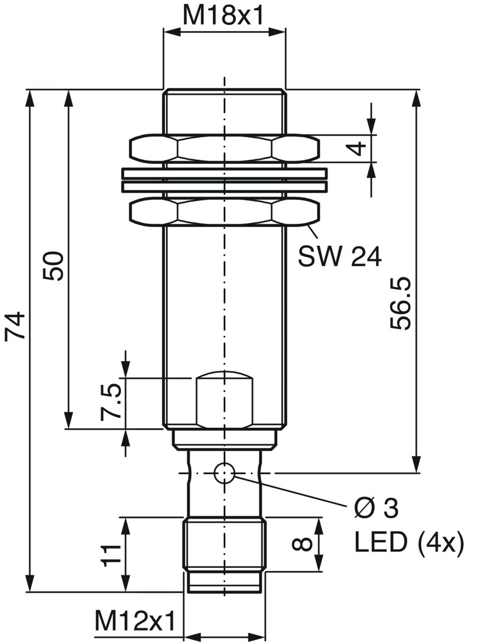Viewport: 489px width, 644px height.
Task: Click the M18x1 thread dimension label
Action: click(222, 16)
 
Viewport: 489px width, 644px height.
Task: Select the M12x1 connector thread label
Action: click(136, 621)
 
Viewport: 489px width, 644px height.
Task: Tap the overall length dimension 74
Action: click(16, 326)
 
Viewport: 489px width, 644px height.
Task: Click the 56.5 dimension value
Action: click(400, 303)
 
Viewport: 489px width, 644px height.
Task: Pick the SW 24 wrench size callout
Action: click(340, 256)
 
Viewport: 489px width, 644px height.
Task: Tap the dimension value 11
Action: click(112, 556)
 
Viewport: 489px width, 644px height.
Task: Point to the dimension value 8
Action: click(302, 544)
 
